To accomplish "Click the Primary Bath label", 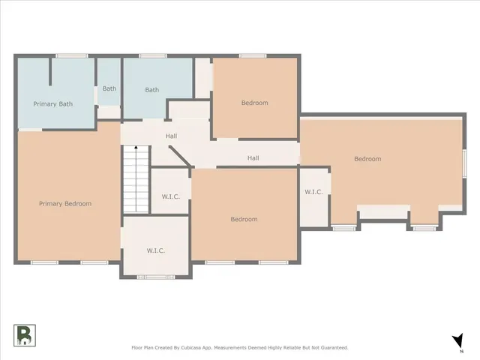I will [52, 103].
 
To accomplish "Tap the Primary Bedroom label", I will [65, 203].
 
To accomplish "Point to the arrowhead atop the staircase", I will [135, 148].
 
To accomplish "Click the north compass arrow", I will [457, 341].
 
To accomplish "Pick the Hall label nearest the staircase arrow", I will [171, 136].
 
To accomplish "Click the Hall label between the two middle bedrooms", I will [253, 158].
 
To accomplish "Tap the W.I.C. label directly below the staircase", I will [155, 250].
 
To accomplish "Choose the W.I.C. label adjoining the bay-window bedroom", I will [313, 192].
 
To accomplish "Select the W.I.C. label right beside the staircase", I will [170, 196].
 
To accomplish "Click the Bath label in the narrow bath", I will [109, 88].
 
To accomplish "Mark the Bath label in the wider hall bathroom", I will [152, 90].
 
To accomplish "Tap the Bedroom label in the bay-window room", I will [367, 159].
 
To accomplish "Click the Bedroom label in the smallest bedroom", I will [254, 103].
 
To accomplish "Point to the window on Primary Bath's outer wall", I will [71, 55].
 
